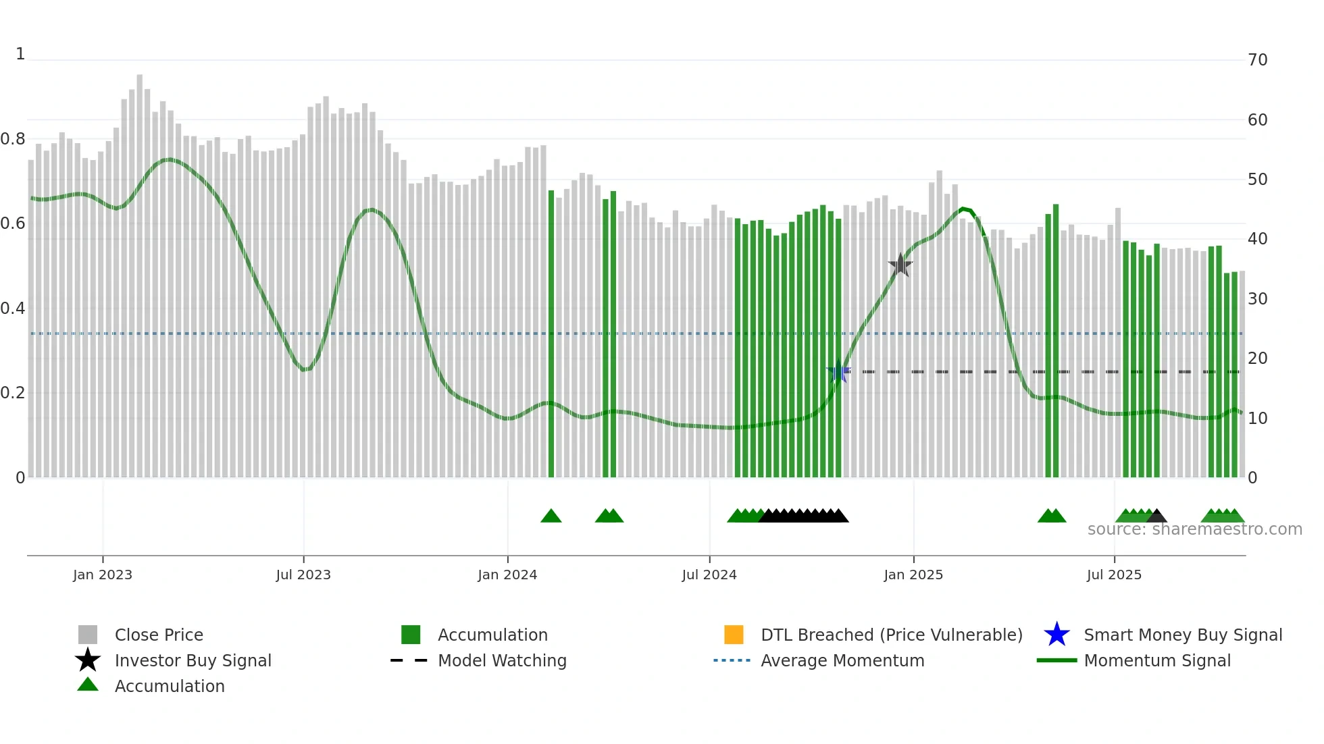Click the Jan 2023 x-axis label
[103, 575]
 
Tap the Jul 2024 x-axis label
[709, 575]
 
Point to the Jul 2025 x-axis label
[1114, 575]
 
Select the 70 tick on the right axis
[1258, 60]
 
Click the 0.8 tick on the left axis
[13, 139]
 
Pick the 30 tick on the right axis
[1258, 298]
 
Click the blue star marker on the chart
[838, 371]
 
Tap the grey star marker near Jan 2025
[900, 265]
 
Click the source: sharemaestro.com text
[1194, 529]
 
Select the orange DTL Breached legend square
[734, 635]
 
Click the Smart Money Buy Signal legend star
[1056, 635]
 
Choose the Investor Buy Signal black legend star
[88, 660]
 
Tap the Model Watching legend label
[502, 660]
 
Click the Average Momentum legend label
[842, 660]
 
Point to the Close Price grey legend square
[88, 635]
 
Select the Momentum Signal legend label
[1157, 660]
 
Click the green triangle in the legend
[88, 685]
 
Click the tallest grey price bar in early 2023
[140, 270]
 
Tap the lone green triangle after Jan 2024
[551, 516]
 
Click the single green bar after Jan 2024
[551, 338]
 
